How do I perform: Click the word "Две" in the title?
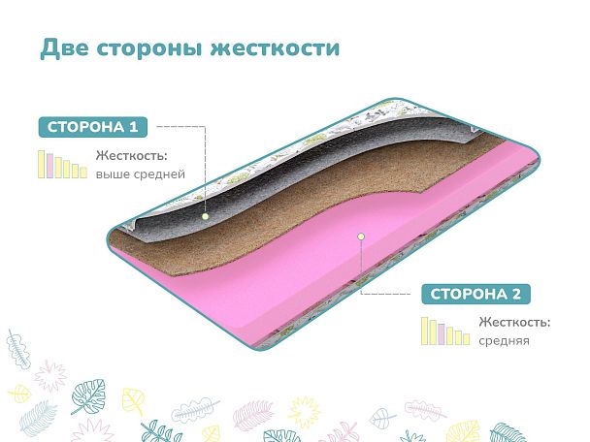tap(64, 48)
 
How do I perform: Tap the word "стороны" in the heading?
tap(149, 49)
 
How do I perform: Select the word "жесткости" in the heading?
tap(275, 48)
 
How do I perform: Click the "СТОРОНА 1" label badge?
tap(93, 127)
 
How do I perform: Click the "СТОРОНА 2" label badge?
tap(476, 294)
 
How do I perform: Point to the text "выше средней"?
tap(141, 174)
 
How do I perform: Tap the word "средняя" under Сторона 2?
tap(504, 341)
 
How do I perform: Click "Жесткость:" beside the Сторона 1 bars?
tap(131, 155)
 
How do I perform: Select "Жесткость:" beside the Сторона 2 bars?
tap(514, 322)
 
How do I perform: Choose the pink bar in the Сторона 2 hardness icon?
tap(442, 334)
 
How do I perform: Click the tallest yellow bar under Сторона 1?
tap(42, 164)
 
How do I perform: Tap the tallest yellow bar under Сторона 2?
tap(424, 331)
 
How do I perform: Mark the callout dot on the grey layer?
tap(205, 216)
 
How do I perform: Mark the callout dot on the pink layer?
tap(361, 237)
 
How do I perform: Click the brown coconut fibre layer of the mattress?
tap(263, 210)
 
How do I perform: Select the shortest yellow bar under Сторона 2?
tap(466, 339)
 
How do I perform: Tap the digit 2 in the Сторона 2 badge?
tap(516, 294)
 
